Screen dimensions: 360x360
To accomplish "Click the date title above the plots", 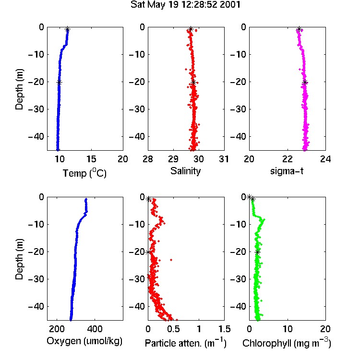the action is coord(185,5).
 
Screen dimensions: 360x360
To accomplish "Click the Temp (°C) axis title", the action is coord(84,173).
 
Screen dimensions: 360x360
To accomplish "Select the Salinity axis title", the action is coord(185,171).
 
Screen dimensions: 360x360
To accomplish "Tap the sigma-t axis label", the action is coord(287,171).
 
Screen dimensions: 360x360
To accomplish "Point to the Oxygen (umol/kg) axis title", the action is coord(84,341).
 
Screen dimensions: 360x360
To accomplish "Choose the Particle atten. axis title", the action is coord(185,343).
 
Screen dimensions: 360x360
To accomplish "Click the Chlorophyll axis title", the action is coord(287,343).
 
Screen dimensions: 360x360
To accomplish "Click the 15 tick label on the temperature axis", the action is coord(91,159).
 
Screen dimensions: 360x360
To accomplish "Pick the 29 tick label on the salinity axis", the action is coord(173,159).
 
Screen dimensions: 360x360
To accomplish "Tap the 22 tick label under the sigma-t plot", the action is coord(288,159).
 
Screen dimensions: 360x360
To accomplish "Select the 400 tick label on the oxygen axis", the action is coord(95,329).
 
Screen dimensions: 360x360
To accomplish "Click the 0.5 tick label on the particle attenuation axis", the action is coord(173,329).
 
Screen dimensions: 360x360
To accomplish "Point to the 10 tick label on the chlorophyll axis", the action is coord(288,329).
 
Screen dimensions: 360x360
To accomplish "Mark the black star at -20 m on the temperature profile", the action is coord(59,83).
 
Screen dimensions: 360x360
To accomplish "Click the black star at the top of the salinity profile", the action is coord(191,29).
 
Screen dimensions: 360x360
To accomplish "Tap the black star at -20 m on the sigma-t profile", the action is coord(305,83).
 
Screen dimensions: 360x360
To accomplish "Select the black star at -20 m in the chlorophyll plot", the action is coord(258,252).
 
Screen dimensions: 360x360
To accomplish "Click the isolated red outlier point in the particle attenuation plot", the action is coord(171,260).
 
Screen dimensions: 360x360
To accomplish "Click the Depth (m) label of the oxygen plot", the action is coord(19,259).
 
